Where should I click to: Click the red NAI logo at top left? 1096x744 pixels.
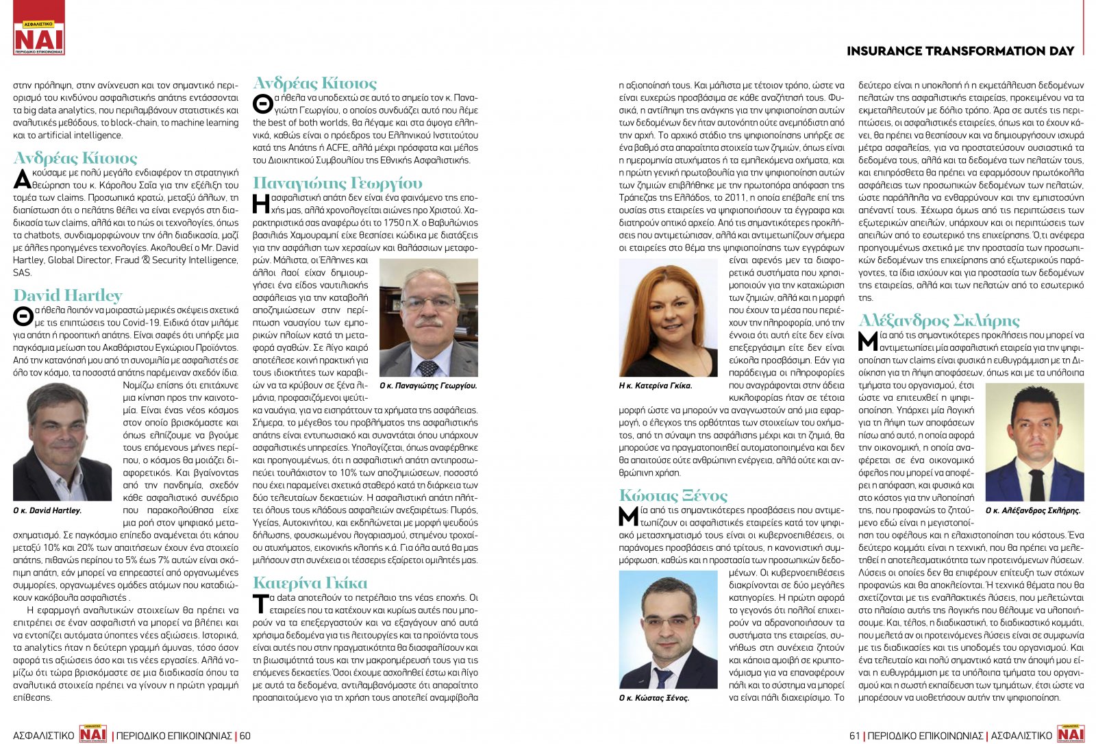coord(39,29)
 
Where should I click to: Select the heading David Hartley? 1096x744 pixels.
coord(68,295)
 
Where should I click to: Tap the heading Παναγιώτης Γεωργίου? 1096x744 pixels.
coord(338,183)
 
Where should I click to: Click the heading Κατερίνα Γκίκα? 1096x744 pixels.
coord(310,583)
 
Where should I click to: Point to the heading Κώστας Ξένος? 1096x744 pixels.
coord(673,495)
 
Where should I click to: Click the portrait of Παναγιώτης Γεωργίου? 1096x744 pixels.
coord(428,317)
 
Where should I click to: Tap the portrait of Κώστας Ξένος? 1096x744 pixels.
coord(668,629)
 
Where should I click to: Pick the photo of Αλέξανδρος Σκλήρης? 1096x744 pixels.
coord(1034,442)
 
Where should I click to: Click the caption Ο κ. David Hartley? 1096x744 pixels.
coord(47,510)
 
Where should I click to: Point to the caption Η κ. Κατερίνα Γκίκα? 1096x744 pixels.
coord(656,386)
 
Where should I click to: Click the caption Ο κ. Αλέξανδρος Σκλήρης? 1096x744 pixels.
coord(1033,510)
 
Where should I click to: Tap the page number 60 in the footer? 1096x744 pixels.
coord(245,736)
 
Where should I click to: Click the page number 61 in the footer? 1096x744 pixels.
coord(854,736)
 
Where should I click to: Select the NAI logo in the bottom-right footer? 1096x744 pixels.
coord(1071,733)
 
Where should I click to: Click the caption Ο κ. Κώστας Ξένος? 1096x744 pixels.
coord(654,698)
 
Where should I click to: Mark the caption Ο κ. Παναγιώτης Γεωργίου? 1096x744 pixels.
coord(428,386)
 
